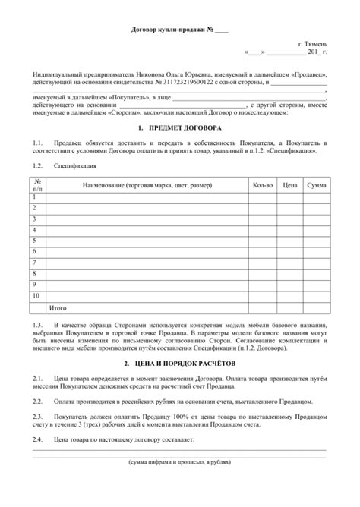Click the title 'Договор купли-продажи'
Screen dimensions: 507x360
click(169, 30)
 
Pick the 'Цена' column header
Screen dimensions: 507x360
click(289, 185)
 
